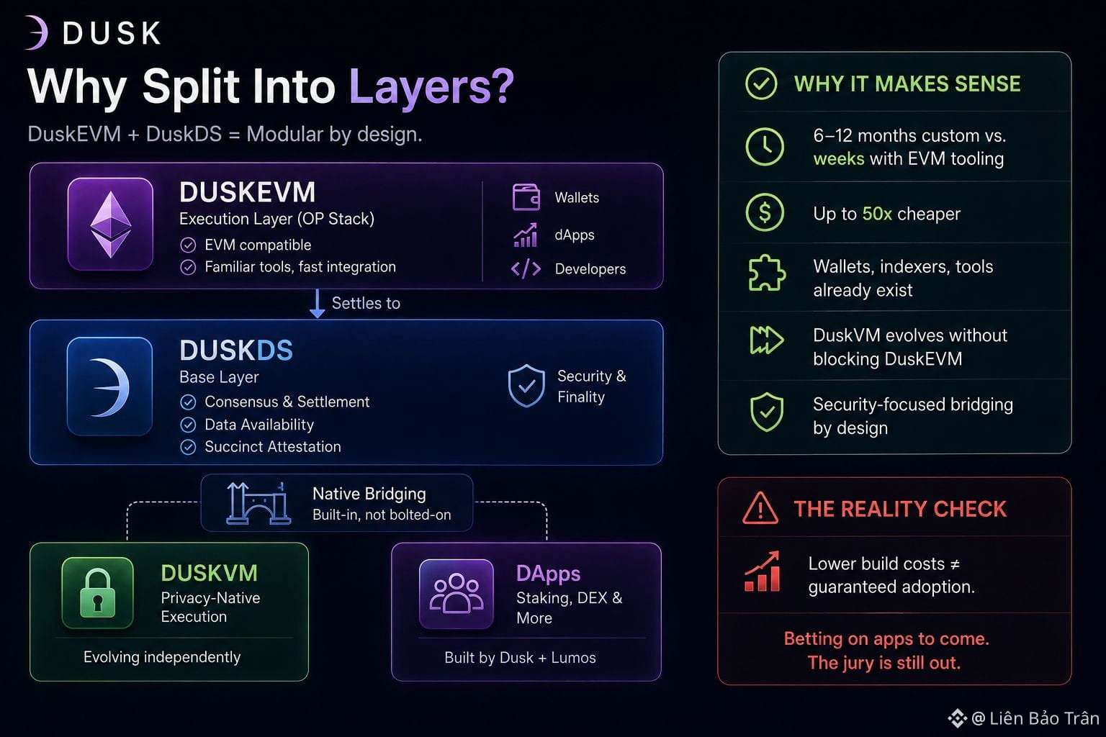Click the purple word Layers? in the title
(431, 87)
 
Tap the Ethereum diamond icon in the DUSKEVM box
(111, 225)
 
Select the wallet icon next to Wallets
(526, 197)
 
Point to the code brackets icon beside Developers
(526, 268)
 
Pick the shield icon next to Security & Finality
(526, 386)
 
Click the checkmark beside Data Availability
(188, 425)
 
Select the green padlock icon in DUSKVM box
(98, 592)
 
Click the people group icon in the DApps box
(457, 593)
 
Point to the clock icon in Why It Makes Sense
(764, 147)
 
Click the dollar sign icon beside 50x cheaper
(764, 213)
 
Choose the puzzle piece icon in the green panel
(766, 273)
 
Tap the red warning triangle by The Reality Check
(760, 508)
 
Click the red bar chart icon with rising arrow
(763, 571)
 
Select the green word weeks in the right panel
(838, 159)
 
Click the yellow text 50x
(877, 214)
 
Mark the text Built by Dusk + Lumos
(520, 658)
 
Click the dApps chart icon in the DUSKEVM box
(525, 235)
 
